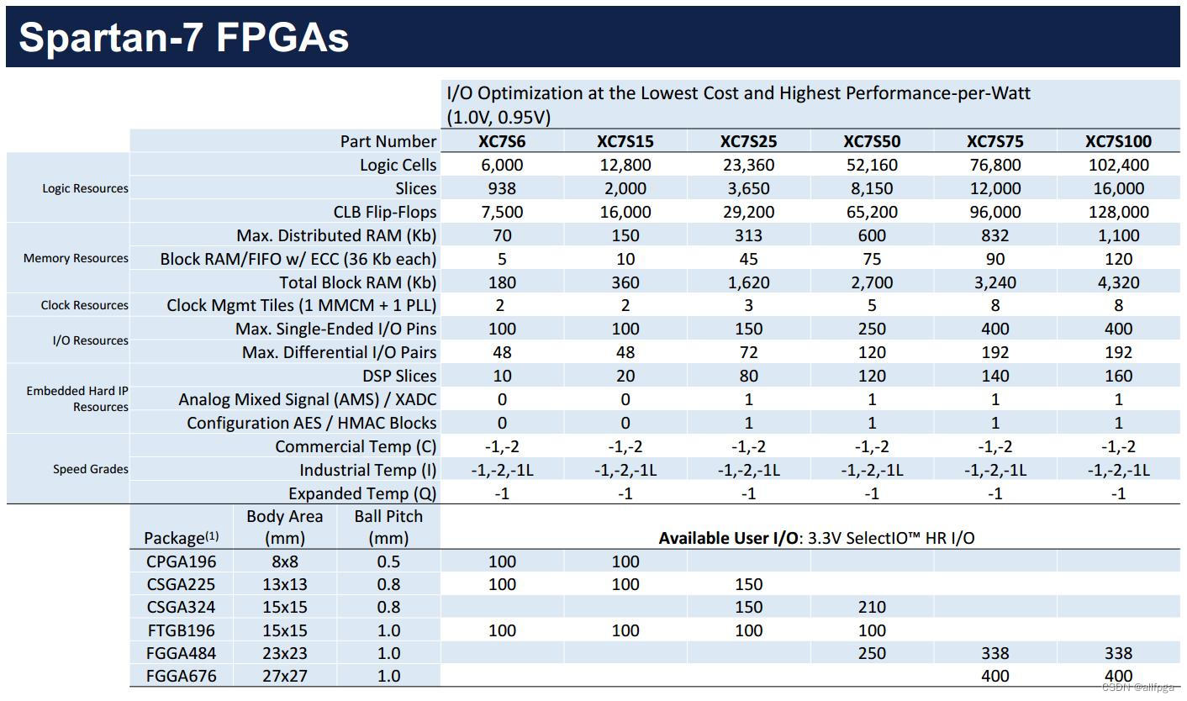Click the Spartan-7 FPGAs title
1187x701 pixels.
point(183,38)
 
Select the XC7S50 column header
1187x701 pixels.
point(872,141)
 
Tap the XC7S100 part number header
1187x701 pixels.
point(1118,141)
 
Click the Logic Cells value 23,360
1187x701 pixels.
point(748,165)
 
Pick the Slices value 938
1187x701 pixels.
point(502,188)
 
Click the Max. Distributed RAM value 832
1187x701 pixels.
point(995,235)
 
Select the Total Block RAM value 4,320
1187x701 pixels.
point(1118,282)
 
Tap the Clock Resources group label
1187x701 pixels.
point(85,305)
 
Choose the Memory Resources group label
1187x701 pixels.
point(76,258)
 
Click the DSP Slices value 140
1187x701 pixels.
point(995,376)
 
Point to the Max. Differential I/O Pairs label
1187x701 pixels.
point(340,352)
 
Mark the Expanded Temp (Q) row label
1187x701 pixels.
point(362,493)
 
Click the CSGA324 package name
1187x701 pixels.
point(180,607)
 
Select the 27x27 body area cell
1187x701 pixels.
point(284,676)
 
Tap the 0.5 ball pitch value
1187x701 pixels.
point(388,561)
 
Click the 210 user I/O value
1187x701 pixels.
point(872,607)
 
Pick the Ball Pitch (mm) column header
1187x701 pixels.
point(388,527)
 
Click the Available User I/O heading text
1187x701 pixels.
point(816,538)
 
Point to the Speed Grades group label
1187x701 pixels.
point(91,469)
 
